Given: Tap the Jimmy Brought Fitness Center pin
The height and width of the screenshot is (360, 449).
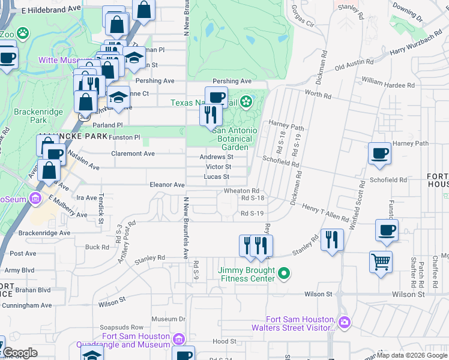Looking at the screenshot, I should tap(285, 274).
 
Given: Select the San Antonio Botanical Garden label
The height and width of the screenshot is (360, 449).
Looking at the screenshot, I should tap(235, 139).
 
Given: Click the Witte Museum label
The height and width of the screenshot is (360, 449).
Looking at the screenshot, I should tap(60, 60).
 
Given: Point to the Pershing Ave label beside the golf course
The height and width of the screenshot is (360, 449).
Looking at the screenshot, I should tap(232, 81).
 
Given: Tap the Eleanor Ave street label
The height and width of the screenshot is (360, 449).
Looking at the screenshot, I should tap(167, 185).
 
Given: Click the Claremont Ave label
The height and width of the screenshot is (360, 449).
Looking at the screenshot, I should tap(133, 154).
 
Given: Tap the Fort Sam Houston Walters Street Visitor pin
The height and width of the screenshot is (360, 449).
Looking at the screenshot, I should tap(345, 323).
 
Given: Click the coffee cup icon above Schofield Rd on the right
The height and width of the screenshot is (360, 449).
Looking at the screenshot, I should tap(379, 154).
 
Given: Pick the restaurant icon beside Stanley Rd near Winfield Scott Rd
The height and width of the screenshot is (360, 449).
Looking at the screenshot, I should tap(332, 240).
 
